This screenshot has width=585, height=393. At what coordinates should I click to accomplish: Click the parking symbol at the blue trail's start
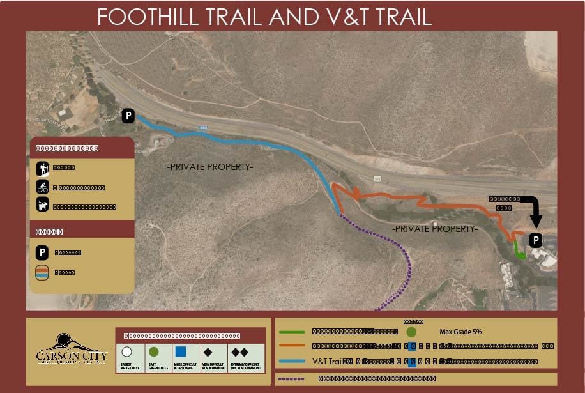click(x=128, y=116)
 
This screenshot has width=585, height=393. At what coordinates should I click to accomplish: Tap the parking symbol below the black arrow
click(x=536, y=240)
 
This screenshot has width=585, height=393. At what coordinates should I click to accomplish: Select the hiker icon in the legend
click(x=42, y=169)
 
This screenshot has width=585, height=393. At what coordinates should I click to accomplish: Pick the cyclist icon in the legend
click(x=42, y=188)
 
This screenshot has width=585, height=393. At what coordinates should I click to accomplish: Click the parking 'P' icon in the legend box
click(x=42, y=252)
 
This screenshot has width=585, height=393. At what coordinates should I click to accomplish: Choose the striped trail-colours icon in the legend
click(x=42, y=272)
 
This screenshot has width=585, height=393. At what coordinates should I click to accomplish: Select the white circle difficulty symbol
click(x=126, y=351)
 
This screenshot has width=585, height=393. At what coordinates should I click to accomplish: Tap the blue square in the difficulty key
click(x=180, y=351)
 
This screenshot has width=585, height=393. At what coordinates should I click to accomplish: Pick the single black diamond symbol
click(x=208, y=351)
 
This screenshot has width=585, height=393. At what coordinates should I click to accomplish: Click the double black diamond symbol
click(x=239, y=351)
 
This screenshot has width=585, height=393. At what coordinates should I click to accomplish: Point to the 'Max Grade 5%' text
click(x=461, y=332)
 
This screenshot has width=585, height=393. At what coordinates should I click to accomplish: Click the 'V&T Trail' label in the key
click(x=326, y=362)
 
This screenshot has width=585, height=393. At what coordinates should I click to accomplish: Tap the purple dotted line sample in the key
click(x=291, y=378)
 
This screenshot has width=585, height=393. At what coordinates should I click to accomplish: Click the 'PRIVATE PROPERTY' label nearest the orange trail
click(x=434, y=228)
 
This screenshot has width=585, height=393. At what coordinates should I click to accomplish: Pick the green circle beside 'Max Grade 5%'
click(x=411, y=332)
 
